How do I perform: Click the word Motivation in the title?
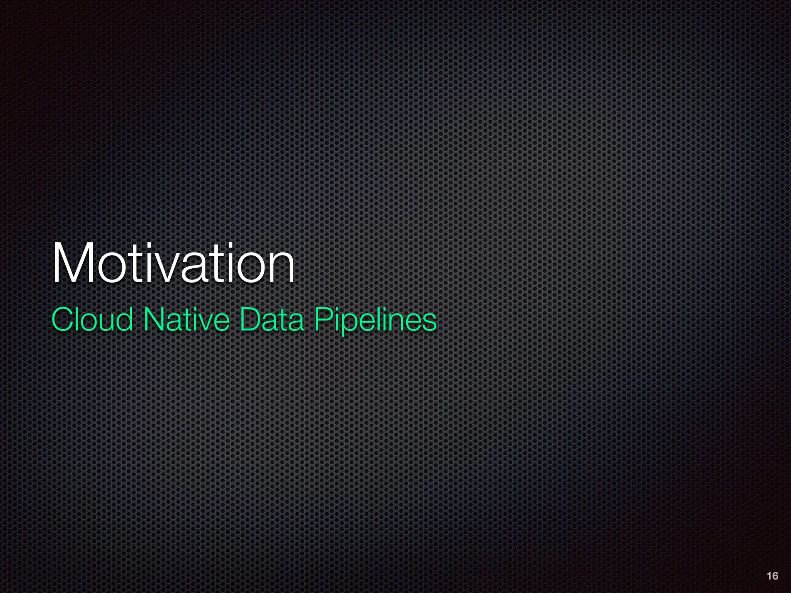pos(173,263)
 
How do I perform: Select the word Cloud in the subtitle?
pos(92,320)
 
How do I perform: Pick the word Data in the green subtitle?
pos(272,320)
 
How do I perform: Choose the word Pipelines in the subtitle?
pos(375,320)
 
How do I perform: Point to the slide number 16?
pos(772,576)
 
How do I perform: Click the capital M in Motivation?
pos(73,263)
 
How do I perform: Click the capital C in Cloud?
pos(63,320)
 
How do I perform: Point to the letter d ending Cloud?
pos(123,320)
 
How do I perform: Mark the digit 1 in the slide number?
pos(769,576)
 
